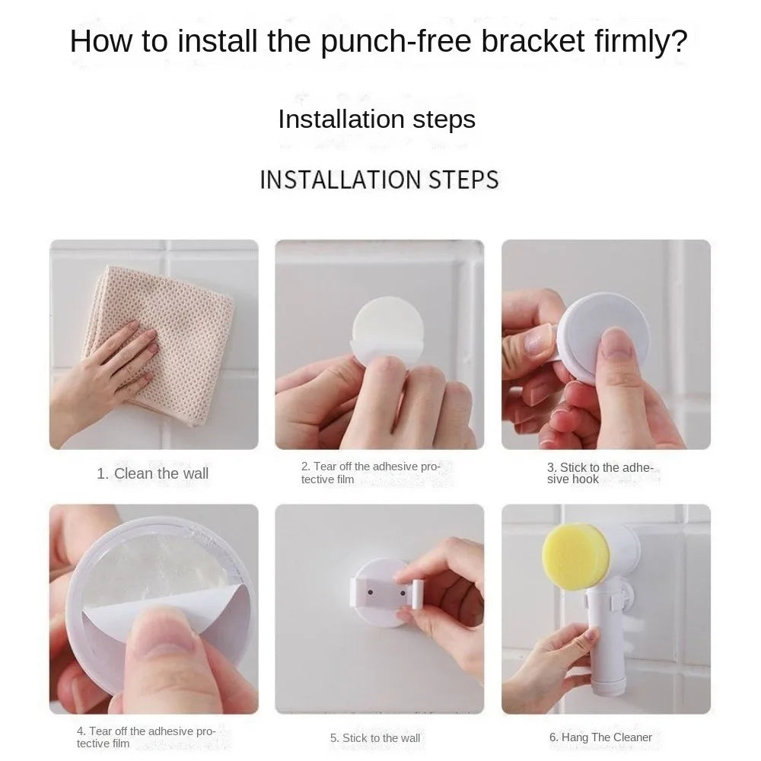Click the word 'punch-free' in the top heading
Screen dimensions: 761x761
(396, 42)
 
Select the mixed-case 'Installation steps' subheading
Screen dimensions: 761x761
(377, 119)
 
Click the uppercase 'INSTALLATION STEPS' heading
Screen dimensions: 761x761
(379, 180)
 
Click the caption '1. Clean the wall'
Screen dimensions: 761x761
(152, 473)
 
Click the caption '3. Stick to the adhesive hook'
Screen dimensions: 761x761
(600, 473)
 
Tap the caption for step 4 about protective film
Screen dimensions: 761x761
(146, 737)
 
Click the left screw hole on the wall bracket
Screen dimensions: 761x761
(371, 593)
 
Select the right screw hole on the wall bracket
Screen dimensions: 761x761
(403, 593)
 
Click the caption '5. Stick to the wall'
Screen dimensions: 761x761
(375, 738)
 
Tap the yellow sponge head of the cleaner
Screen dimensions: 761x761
(575, 557)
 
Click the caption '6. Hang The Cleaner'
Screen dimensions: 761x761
(600, 737)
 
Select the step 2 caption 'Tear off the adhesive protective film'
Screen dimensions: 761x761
(371, 473)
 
